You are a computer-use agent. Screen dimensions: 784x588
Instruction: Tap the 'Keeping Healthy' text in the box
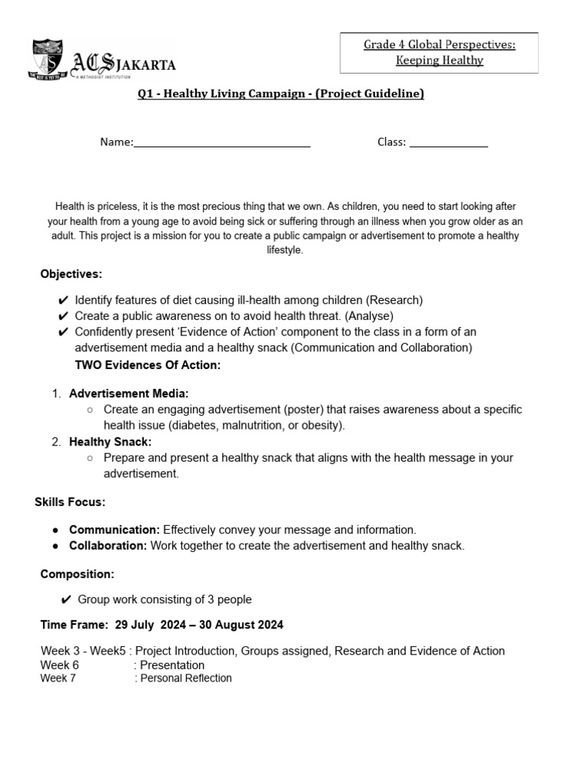tap(439, 60)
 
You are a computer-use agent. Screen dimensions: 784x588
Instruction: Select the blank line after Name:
tap(222, 142)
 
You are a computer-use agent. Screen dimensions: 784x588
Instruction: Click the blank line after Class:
tap(449, 142)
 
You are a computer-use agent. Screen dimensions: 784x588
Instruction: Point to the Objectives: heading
tap(71, 274)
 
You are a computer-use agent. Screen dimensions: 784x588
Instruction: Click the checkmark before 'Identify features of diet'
tap(63, 300)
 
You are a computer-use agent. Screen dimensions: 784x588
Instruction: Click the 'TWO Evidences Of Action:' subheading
tap(148, 365)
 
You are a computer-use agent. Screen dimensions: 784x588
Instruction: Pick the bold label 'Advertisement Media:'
tap(129, 394)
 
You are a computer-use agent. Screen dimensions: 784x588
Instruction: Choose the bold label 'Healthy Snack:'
tap(110, 442)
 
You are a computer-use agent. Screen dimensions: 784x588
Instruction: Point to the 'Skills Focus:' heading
tap(70, 502)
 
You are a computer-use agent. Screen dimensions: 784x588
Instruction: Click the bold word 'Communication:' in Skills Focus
tap(114, 530)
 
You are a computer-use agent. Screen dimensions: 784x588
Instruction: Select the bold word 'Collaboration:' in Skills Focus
tap(108, 546)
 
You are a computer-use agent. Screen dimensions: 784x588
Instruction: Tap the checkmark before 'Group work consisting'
tap(66, 599)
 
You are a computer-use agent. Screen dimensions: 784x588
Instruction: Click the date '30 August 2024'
tap(241, 625)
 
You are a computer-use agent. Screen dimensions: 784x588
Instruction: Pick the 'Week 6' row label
tap(60, 665)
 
